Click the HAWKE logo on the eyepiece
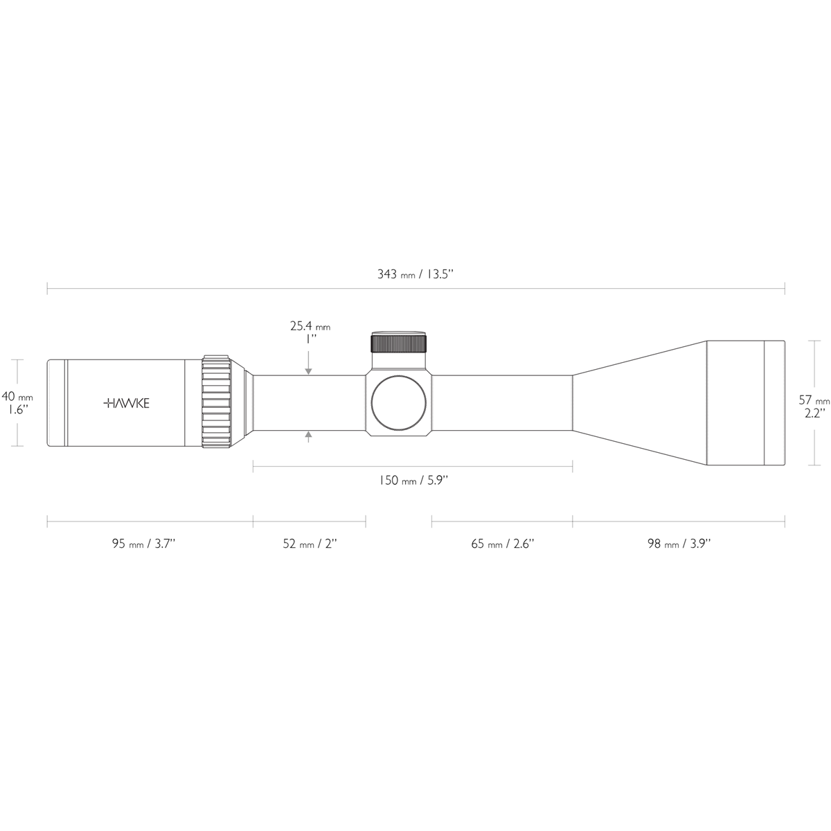pyautogui.click(x=126, y=403)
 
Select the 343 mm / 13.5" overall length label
pyautogui.click(x=415, y=274)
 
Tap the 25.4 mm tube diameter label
pyautogui.click(x=310, y=325)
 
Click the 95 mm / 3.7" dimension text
pyautogui.click(x=144, y=544)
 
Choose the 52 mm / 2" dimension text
pyautogui.click(x=309, y=544)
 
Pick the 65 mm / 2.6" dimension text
pyautogui.click(x=503, y=544)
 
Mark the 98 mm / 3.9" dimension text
pyautogui.click(x=679, y=544)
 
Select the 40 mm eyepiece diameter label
pyautogui.click(x=17, y=397)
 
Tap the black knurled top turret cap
pyautogui.click(x=399, y=343)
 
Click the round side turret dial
pyautogui.click(x=399, y=404)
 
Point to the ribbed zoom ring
pyautogui.click(x=216, y=403)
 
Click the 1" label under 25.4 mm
pyautogui.click(x=310, y=339)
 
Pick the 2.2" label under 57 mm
pyautogui.click(x=814, y=413)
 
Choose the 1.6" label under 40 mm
pyautogui.click(x=17, y=410)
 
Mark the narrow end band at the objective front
pyautogui.click(x=774, y=403)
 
